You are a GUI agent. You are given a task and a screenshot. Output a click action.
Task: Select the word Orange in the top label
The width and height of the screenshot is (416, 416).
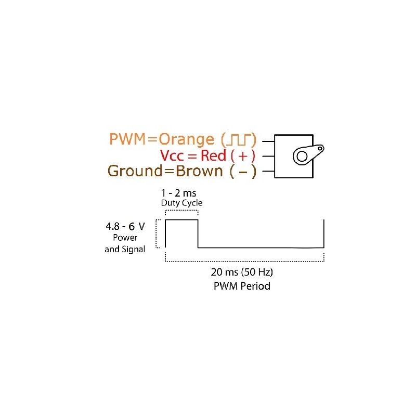(186, 139)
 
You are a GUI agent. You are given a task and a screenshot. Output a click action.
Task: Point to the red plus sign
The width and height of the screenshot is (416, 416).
(243, 155)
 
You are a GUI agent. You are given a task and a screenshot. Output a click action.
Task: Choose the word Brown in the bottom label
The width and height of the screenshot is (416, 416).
(200, 171)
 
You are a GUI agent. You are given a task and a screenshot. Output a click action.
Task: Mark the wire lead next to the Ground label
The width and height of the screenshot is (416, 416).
(268, 171)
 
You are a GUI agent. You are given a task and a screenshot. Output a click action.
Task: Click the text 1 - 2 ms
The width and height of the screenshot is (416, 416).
(181, 193)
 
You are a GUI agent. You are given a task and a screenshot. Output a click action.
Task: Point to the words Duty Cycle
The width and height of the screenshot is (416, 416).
(181, 203)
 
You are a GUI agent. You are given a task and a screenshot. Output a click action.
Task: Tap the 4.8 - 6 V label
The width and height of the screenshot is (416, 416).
(125, 227)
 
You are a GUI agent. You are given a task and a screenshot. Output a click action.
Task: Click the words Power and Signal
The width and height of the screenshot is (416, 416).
(125, 243)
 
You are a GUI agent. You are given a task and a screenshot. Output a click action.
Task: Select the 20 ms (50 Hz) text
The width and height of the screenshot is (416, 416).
(242, 272)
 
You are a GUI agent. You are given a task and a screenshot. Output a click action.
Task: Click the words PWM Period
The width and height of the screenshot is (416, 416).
(242, 286)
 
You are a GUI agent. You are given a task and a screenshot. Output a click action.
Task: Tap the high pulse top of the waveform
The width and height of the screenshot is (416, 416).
(181, 220)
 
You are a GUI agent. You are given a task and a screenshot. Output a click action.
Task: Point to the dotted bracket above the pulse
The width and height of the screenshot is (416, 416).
(181, 210)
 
